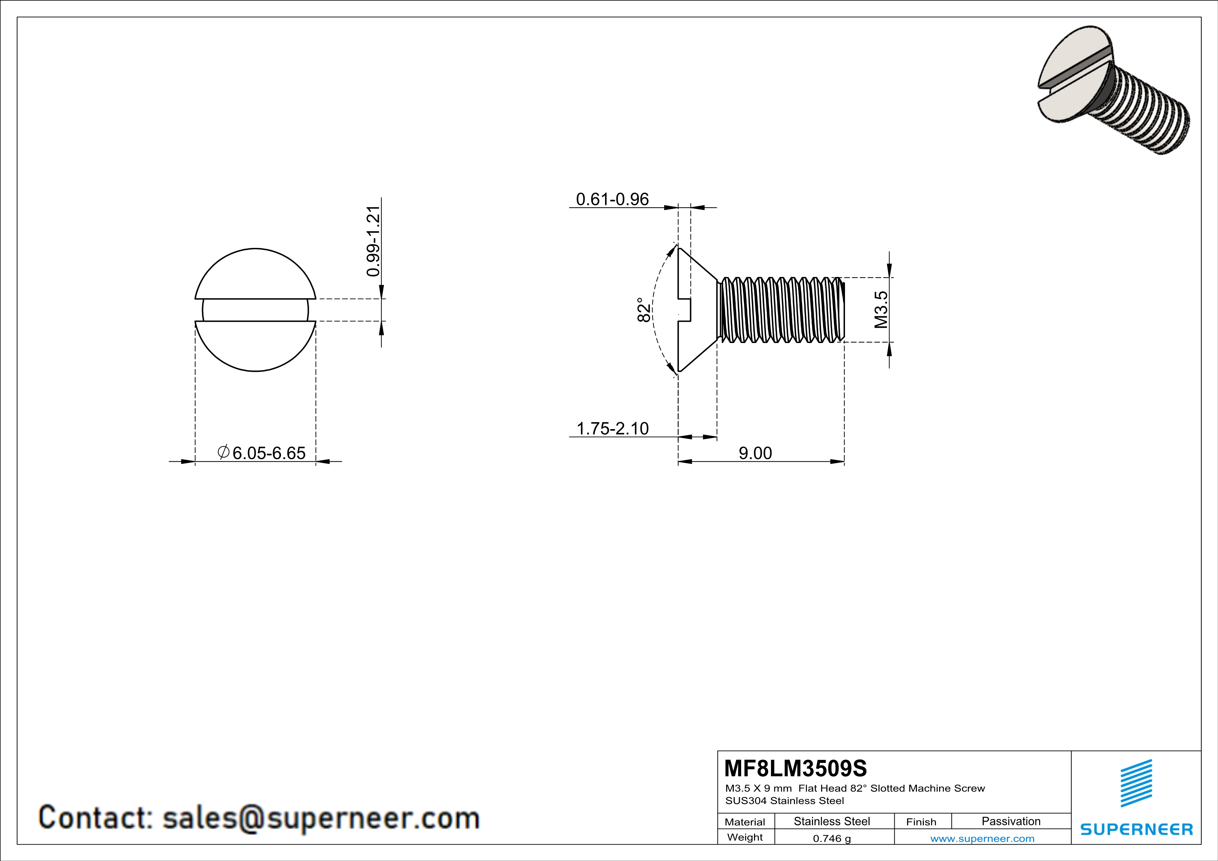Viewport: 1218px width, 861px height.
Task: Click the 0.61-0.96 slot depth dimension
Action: tap(612, 199)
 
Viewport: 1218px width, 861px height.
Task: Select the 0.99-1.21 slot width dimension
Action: tap(373, 241)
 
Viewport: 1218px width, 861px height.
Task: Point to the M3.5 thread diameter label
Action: tap(881, 310)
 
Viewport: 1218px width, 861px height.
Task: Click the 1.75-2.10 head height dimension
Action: tap(612, 428)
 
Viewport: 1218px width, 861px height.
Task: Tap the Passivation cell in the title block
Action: tap(1011, 821)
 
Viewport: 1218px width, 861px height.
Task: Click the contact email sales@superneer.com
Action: tap(321, 818)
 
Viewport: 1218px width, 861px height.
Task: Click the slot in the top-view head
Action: tap(255, 310)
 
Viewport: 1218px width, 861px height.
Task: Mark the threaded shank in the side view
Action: tap(780, 310)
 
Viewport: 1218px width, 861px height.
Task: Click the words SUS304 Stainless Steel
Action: tap(784, 801)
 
